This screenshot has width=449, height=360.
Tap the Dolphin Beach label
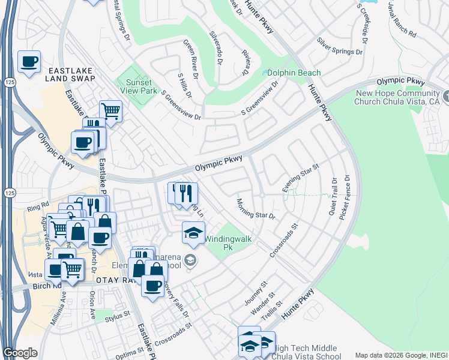(294, 73)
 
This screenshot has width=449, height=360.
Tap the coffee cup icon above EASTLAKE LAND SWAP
(29, 62)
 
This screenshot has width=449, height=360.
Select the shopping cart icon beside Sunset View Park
(110, 111)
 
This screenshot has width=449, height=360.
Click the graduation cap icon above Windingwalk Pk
(193, 233)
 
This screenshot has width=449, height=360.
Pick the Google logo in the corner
(20, 353)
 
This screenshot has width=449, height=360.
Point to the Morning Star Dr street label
(255, 208)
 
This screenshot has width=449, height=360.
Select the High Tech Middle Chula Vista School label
(306, 352)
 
